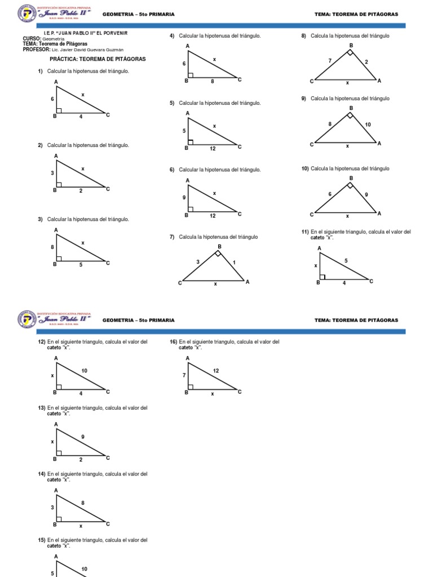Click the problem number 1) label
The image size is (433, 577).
[x=41, y=71]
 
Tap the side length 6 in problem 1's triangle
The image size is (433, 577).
[x=52, y=99]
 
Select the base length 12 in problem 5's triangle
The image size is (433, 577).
[x=212, y=149]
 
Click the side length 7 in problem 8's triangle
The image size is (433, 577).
[x=329, y=60]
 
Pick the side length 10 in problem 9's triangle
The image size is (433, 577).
[x=368, y=124]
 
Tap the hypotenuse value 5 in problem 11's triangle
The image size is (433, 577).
[x=346, y=260]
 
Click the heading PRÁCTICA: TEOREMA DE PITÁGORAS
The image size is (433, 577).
[x=98, y=59]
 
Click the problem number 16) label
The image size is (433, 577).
[x=174, y=342]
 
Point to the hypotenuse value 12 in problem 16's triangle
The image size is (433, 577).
[x=215, y=370]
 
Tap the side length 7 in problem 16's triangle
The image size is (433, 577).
[x=184, y=375]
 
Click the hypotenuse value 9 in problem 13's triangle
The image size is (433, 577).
[x=83, y=437]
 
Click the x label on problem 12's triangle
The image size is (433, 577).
[x=52, y=375]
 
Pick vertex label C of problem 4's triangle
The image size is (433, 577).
[x=240, y=79]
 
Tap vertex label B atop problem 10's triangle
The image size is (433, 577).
[x=351, y=178]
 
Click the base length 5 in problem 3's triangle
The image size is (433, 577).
[x=81, y=264]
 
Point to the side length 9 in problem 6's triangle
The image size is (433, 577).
[x=184, y=197]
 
